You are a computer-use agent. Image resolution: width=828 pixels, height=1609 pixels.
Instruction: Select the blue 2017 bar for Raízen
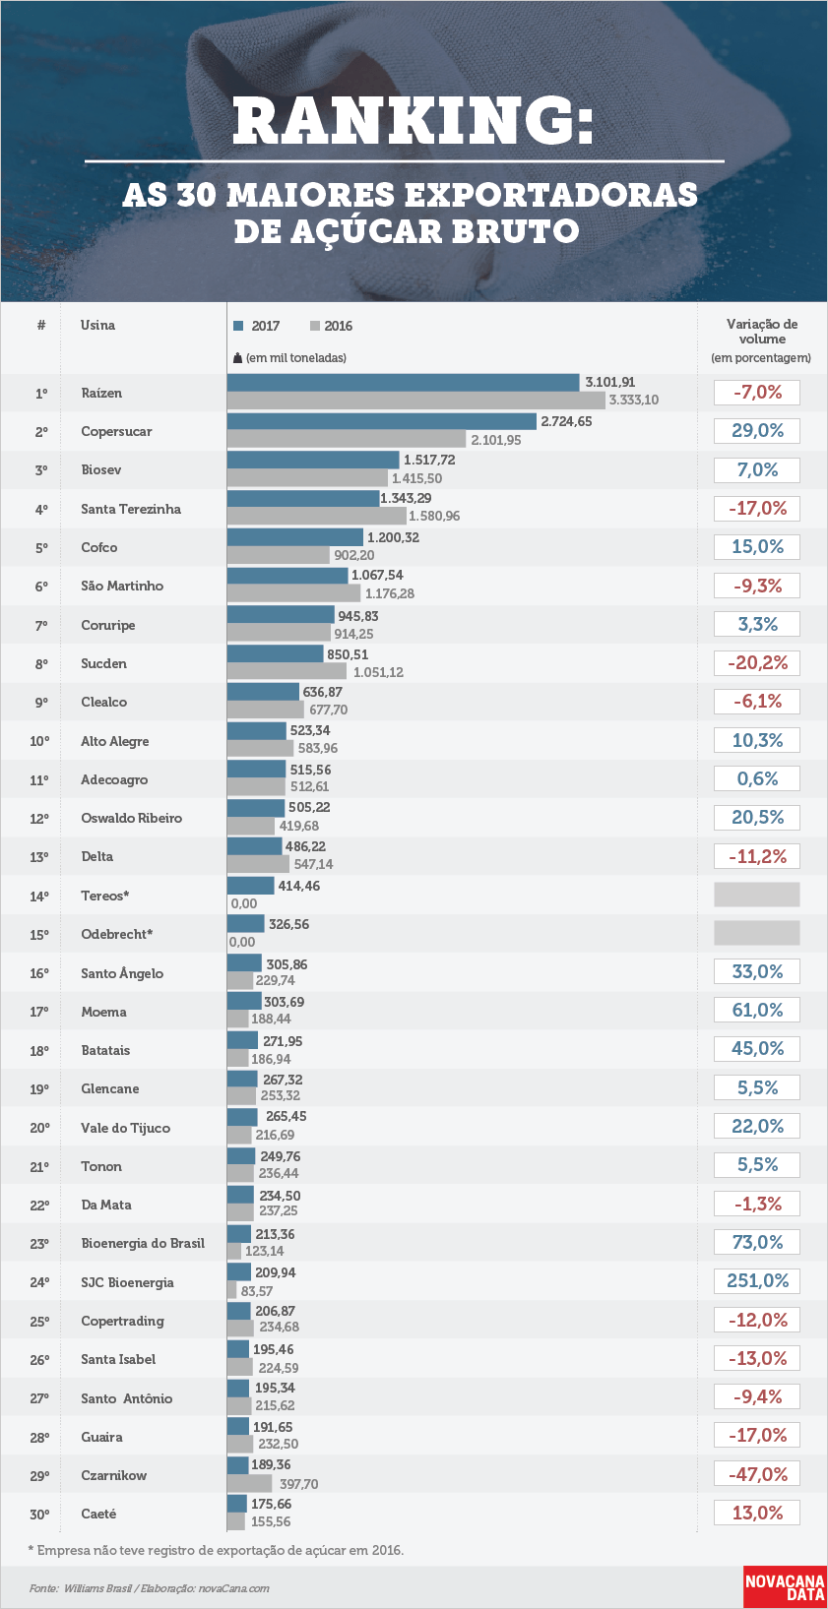tap(404, 382)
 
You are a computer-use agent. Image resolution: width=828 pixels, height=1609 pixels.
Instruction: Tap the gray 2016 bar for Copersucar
tap(347, 439)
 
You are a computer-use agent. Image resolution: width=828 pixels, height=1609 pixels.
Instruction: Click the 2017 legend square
tap(238, 326)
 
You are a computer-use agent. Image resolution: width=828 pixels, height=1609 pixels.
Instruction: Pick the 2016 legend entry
tap(332, 326)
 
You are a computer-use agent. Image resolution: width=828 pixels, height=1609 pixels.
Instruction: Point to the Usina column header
tap(97, 326)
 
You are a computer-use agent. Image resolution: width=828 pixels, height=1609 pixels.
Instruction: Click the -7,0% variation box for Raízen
tap(757, 393)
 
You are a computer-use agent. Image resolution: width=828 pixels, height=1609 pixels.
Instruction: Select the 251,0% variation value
tap(757, 1280)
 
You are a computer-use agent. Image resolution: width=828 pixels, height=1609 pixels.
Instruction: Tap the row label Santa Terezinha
tap(131, 509)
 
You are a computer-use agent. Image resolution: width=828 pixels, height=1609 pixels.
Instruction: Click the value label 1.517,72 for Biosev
tap(429, 460)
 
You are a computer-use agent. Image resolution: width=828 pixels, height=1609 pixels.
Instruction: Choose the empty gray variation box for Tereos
tap(757, 895)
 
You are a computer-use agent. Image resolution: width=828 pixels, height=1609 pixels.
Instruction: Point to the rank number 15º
tap(39, 935)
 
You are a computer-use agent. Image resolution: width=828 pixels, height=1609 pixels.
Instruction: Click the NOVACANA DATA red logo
tap(784, 1585)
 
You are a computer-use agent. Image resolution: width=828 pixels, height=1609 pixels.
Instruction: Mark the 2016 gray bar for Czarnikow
tap(249, 1483)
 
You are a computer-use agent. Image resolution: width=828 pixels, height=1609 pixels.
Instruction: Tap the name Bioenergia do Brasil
tap(143, 1243)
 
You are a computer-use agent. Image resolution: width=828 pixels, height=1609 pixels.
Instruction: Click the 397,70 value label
tap(299, 1484)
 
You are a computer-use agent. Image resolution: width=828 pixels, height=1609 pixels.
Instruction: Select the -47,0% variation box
tap(757, 1474)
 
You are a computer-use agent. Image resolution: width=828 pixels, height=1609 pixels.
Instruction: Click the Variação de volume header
tap(762, 332)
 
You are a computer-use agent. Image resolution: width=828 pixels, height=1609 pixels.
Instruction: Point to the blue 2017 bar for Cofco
tap(295, 536)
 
